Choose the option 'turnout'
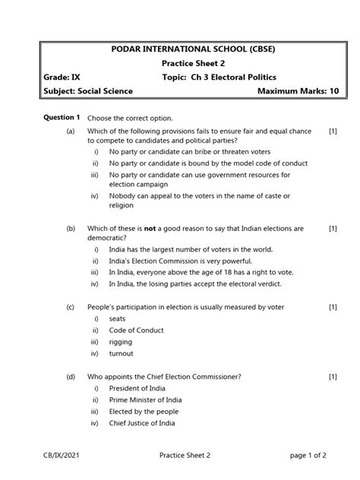(x=121, y=354)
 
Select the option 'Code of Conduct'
(x=137, y=330)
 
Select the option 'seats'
(x=118, y=319)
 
